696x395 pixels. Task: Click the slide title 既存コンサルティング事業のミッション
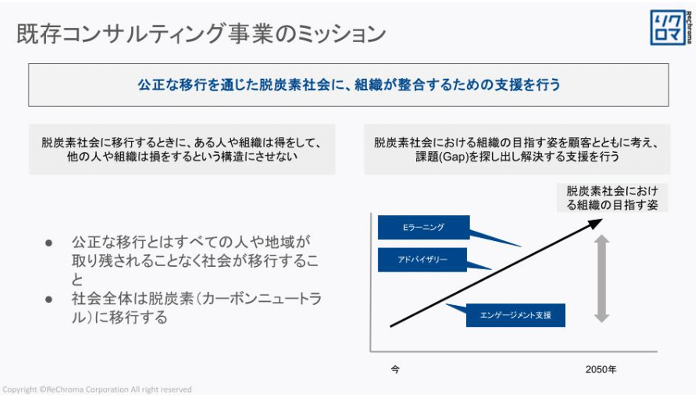201,33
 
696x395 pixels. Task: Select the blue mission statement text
349,85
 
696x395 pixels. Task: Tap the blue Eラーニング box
423,227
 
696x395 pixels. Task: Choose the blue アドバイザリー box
422,260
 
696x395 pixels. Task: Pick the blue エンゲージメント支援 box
515,315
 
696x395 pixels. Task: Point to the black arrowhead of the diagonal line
595,223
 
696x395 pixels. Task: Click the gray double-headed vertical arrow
602,279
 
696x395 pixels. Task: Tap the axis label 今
395,369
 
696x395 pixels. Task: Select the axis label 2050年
601,369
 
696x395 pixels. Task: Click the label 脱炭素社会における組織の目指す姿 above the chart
612,198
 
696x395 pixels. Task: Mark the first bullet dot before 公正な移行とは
49,243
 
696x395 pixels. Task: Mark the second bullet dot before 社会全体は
49,299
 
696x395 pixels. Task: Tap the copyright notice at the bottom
97,389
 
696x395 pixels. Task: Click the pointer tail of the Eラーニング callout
495,239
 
